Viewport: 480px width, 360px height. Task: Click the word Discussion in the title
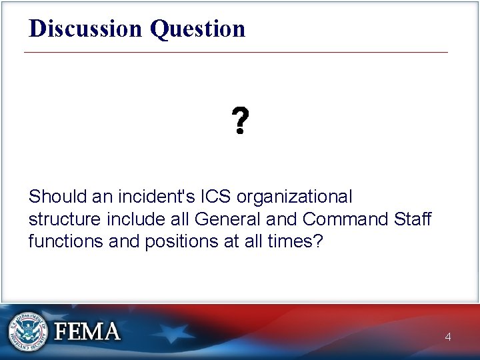coord(86,28)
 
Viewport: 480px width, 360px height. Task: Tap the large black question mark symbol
coord(240,122)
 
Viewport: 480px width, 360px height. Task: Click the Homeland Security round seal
coord(29,331)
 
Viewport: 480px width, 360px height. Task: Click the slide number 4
coord(448,337)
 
